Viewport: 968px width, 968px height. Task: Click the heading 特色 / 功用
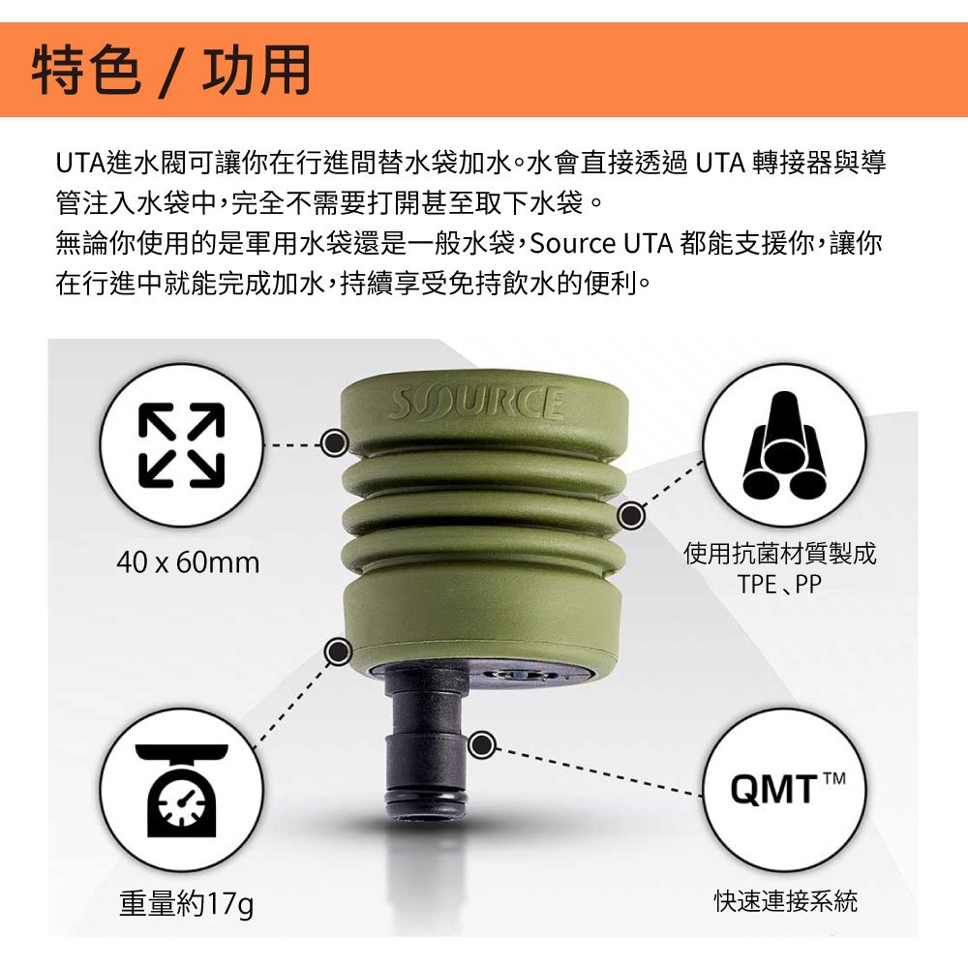171,71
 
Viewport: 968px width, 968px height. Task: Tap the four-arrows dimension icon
181,445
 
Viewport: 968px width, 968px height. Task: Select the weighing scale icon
182,790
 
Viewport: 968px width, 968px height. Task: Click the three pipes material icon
785,445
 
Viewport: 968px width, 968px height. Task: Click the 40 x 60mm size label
189,562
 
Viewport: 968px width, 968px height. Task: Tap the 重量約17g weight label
186,905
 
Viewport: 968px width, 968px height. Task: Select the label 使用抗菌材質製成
779,554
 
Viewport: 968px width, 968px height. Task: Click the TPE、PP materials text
779,584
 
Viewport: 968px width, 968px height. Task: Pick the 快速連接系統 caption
785,901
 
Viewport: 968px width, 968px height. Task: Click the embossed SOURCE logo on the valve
476,404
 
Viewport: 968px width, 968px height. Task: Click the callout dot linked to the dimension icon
335,442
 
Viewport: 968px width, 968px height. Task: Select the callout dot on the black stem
482,745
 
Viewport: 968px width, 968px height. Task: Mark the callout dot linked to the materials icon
631,516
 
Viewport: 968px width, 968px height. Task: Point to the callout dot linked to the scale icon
338,650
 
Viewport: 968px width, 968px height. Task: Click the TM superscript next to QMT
833,778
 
